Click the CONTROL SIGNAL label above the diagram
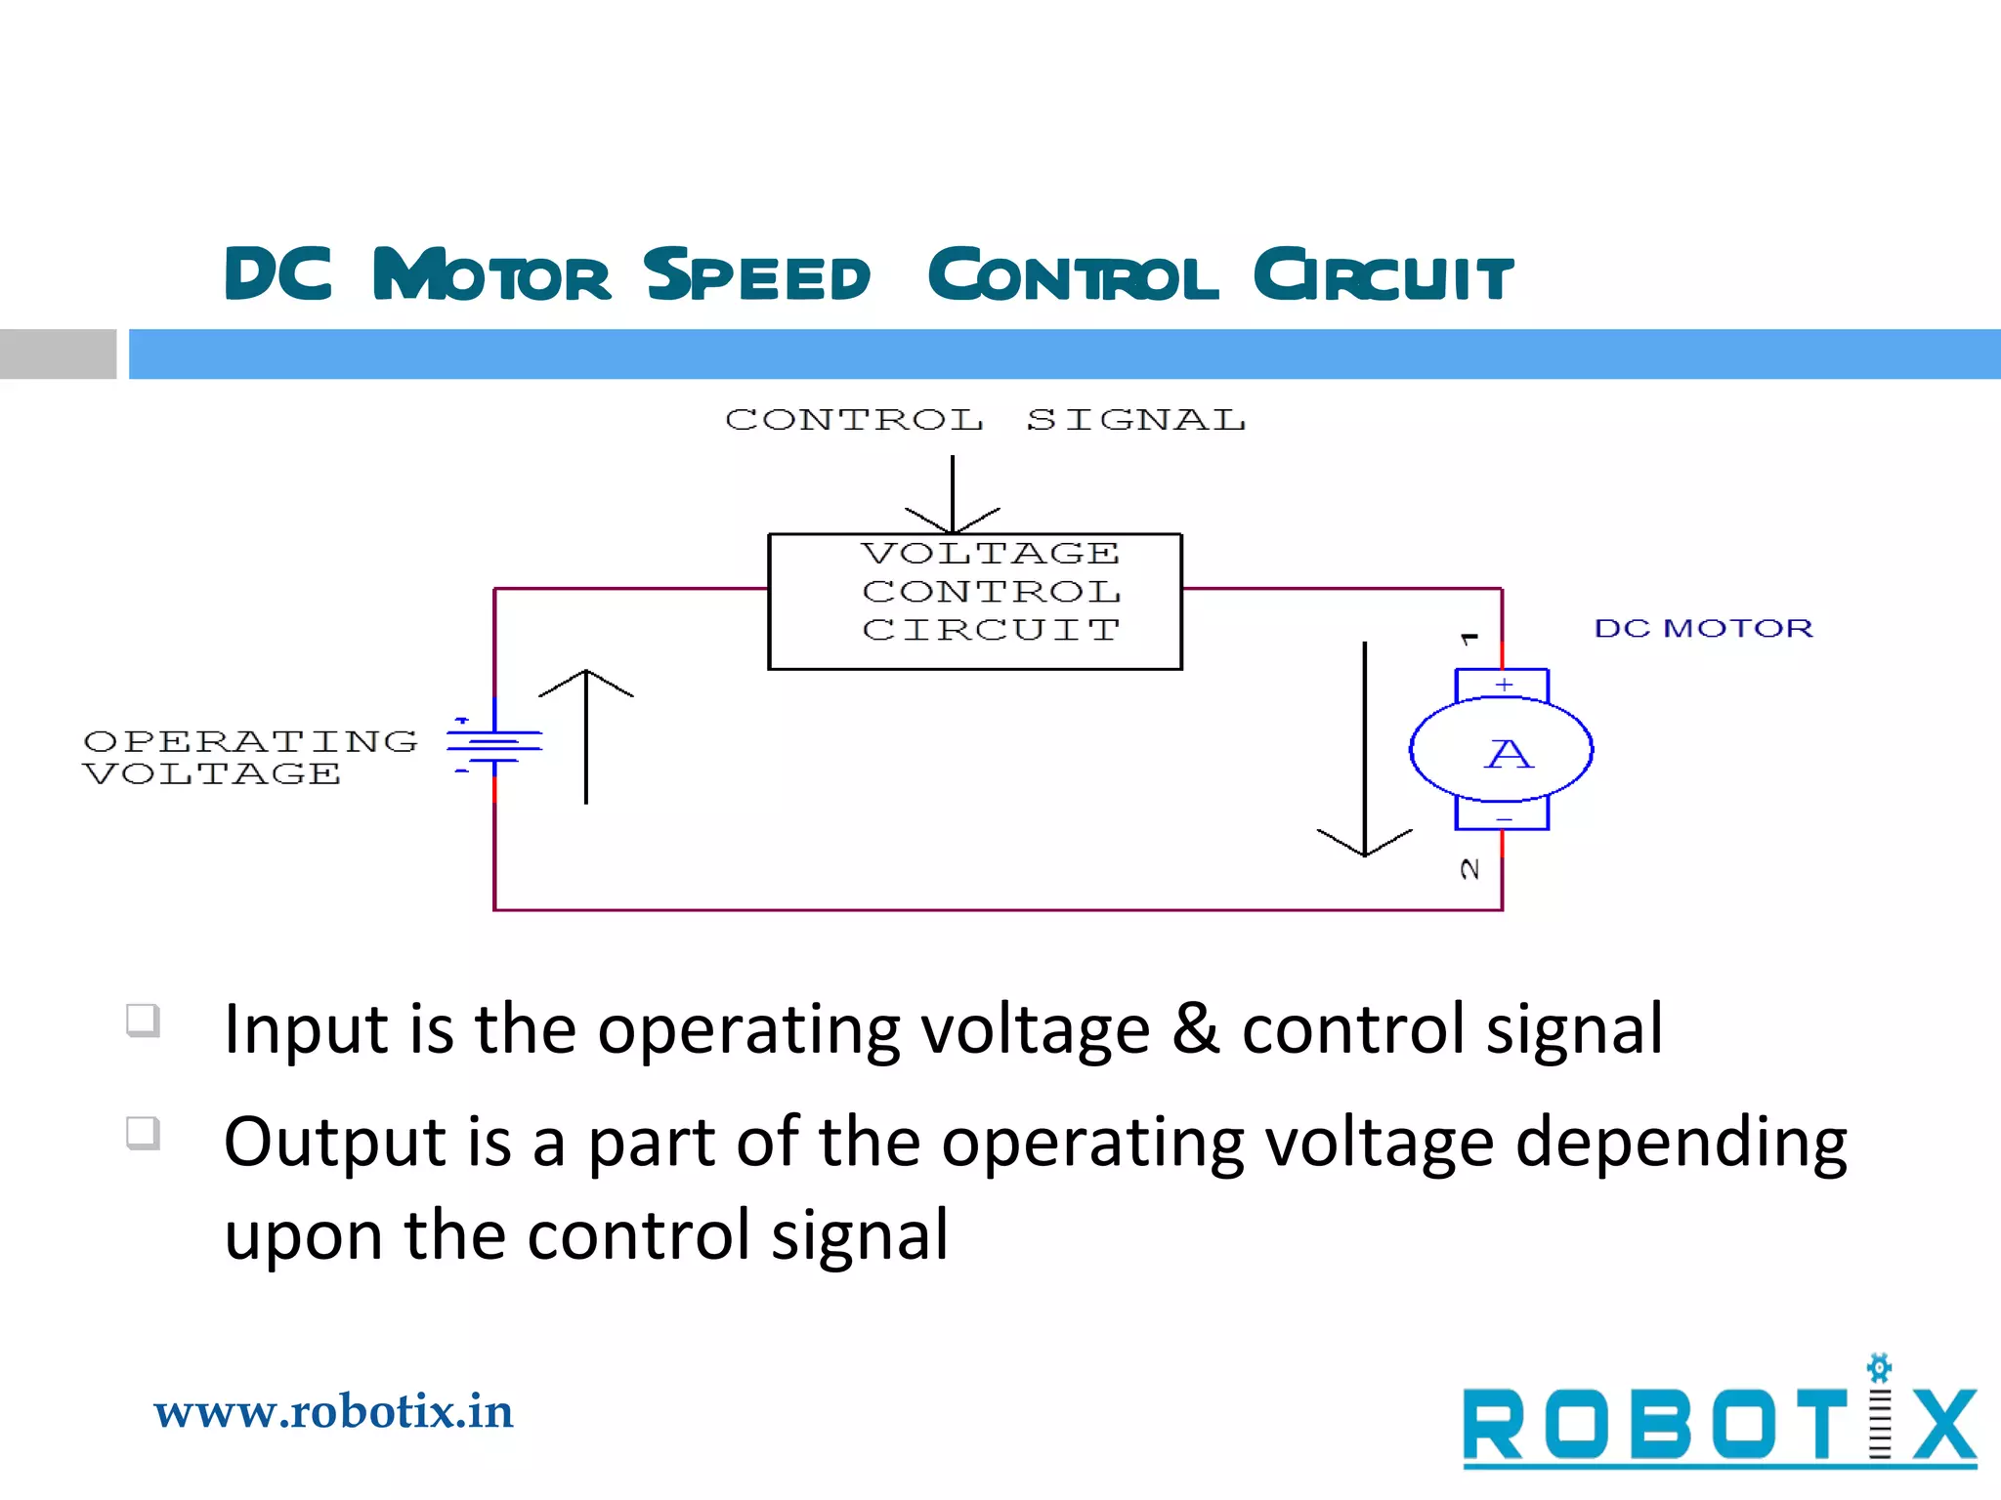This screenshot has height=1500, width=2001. pyautogui.click(x=985, y=420)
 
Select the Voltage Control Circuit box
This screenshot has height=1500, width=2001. pyautogui.click(x=975, y=601)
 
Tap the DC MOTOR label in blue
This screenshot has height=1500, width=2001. pyautogui.click(x=1703, y=628)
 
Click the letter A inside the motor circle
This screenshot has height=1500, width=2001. pyautogui.click(x=1509, y=754)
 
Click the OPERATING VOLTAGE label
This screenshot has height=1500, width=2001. pyautogui.click(x=250, y=757)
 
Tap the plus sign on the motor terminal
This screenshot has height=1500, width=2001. pyautogui.click(x=1505, y=685)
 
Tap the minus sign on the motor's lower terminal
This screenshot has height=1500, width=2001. pyautogui.click(x=1505, y=819)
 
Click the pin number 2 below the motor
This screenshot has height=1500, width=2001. pyautogui.click(x=1469, y=869)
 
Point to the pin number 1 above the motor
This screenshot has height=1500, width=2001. pyautogui.click(x=1469, y=640)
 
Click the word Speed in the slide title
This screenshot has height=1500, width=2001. pyautogui.click(x=757, y=275)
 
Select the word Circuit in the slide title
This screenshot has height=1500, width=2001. pyautogui.click(x=1384, y=275)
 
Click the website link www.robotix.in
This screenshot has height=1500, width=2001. pyautogui.click(x=333, y=1412)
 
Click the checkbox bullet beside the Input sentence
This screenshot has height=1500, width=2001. pyautogui.click(x=143, y=1021)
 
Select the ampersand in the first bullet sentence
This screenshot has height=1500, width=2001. pyautogui.click(x=1196, y=1028)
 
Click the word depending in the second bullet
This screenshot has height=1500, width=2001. pyautogui.click(x=1681, y=1143)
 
